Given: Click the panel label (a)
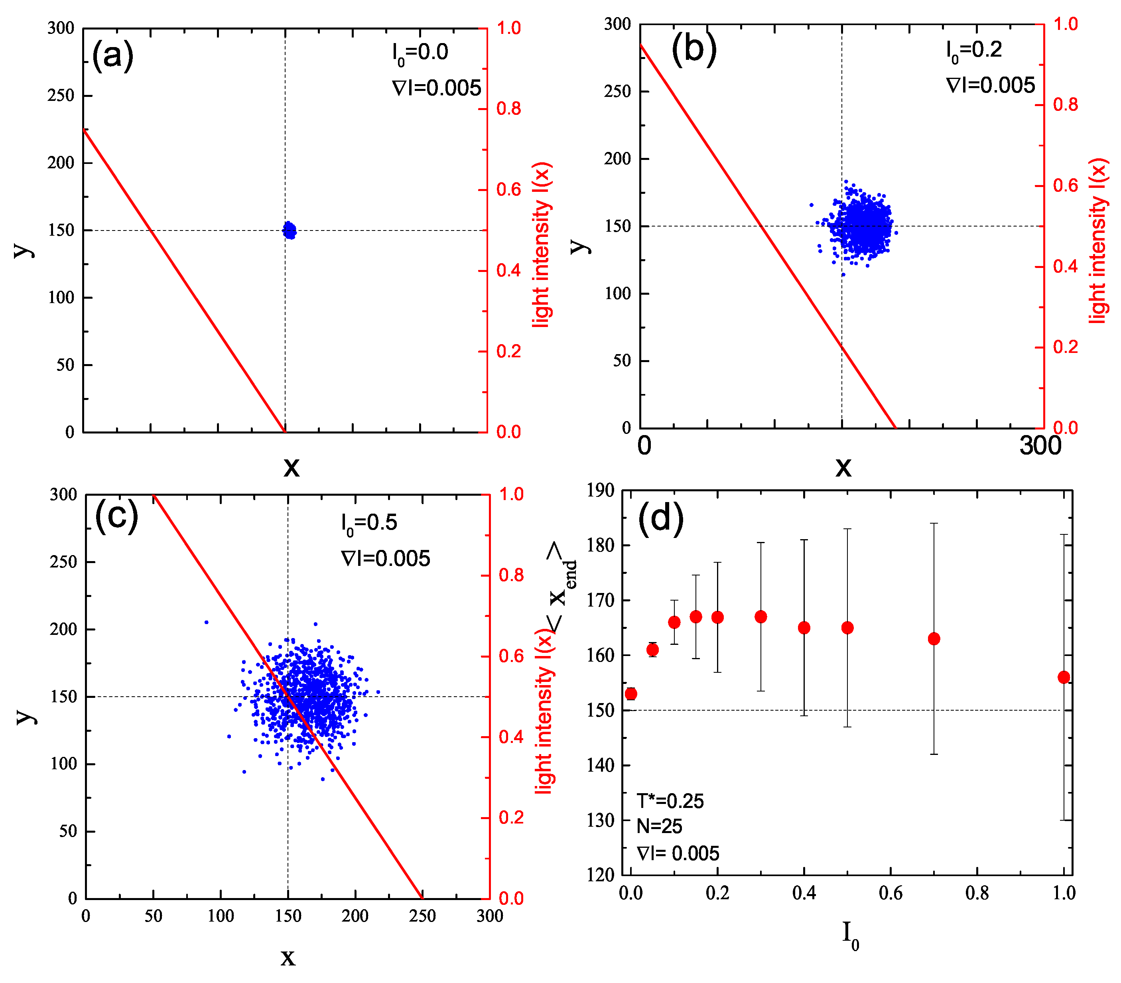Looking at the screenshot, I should click(x=112, y=55).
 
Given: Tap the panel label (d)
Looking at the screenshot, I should click(x=660, y=518).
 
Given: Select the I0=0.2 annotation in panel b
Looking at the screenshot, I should click(x=973, y=51).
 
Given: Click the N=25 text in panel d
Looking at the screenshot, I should click(x=659, y=827).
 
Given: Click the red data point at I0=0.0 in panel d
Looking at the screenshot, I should click(x=631, y=694).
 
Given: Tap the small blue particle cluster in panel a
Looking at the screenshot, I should click(x=290, y=230).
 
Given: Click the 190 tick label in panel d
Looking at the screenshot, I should click(x=600, y=491).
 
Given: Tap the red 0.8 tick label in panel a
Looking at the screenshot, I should click(x=508, y=108).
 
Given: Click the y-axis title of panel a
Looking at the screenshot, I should click(x=23, y=250).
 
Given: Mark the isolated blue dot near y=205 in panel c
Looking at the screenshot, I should click(x=206, y=623).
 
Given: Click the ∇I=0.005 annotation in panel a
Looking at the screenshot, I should click(x=437, y=88).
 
